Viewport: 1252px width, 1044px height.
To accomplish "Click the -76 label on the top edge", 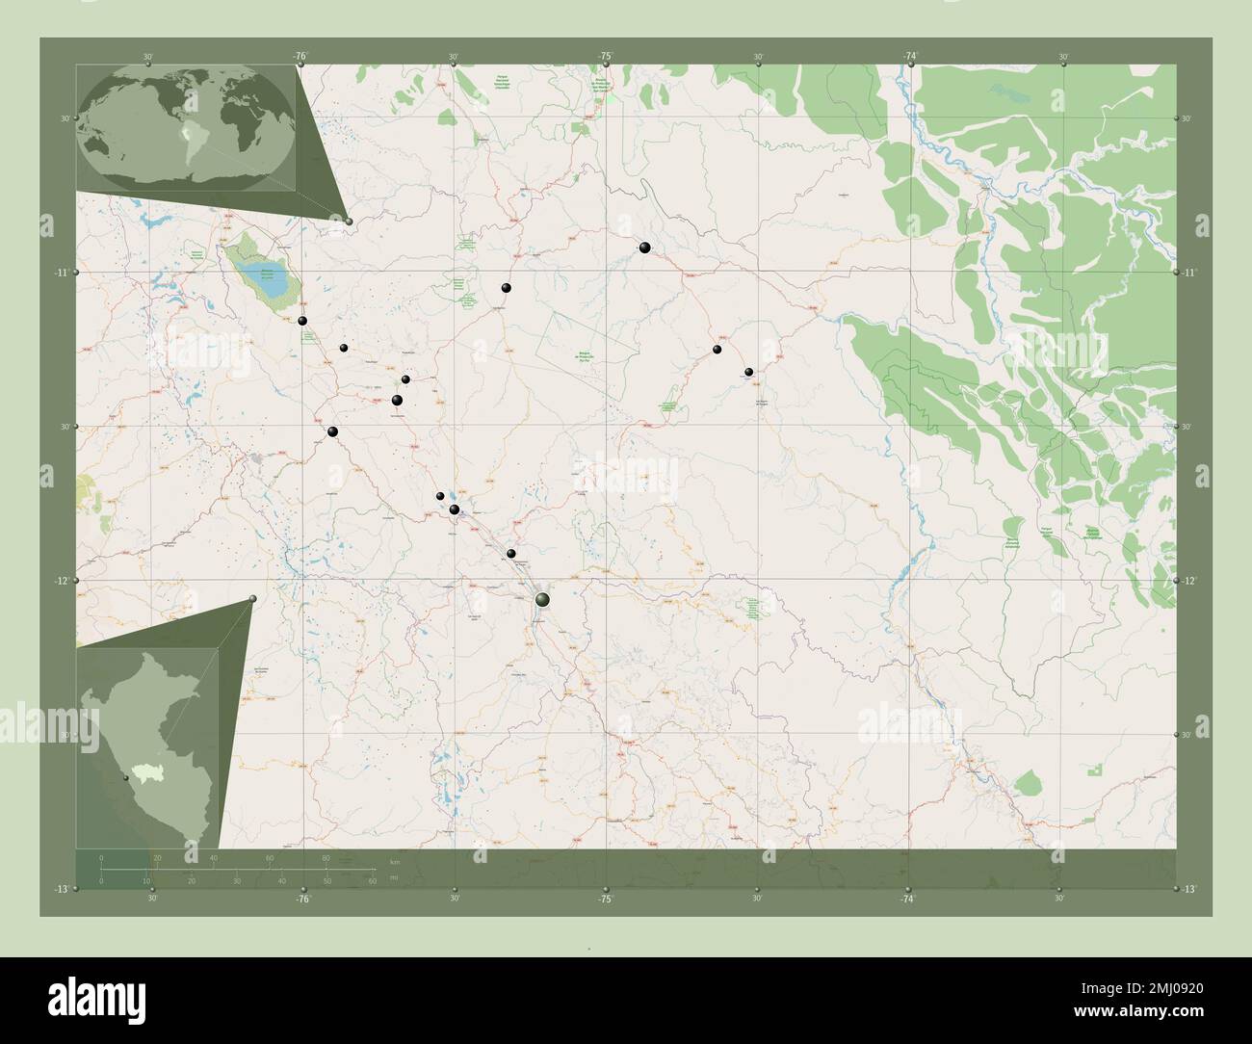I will tap(301, 57).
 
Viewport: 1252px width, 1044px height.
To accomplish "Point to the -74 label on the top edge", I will tap(910, 57).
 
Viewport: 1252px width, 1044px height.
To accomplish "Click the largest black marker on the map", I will tap(543, 600).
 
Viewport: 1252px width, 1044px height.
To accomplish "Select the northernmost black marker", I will tap(644, 248).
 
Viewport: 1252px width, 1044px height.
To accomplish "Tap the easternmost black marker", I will tap(748, 372).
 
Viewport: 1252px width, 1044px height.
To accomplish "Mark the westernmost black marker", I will tap(302, 321).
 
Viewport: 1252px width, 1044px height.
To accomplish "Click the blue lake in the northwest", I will tap(263, 281).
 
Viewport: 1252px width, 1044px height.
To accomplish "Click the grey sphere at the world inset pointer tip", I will tap(349, 222).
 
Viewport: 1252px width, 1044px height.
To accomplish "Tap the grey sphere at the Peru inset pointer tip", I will tap(254, 599).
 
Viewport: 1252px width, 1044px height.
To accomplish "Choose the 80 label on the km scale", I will tap(326, 857).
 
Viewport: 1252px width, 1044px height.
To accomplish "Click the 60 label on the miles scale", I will tap(372, 880).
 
